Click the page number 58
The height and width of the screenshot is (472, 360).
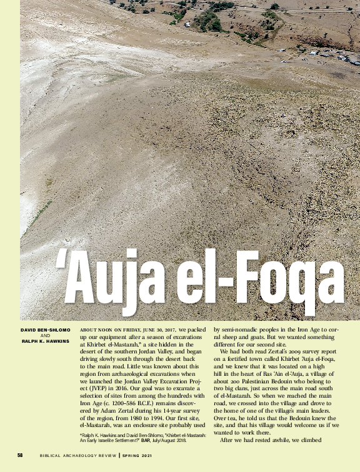click(x=21, y=455)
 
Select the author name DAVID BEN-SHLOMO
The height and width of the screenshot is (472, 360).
click(x=45, y=329)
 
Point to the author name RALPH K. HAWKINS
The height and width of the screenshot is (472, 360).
click(x=45, y=341)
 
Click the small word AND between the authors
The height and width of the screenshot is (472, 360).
click(x=45, y=335)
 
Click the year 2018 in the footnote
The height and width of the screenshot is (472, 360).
click(x=182, y=439)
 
